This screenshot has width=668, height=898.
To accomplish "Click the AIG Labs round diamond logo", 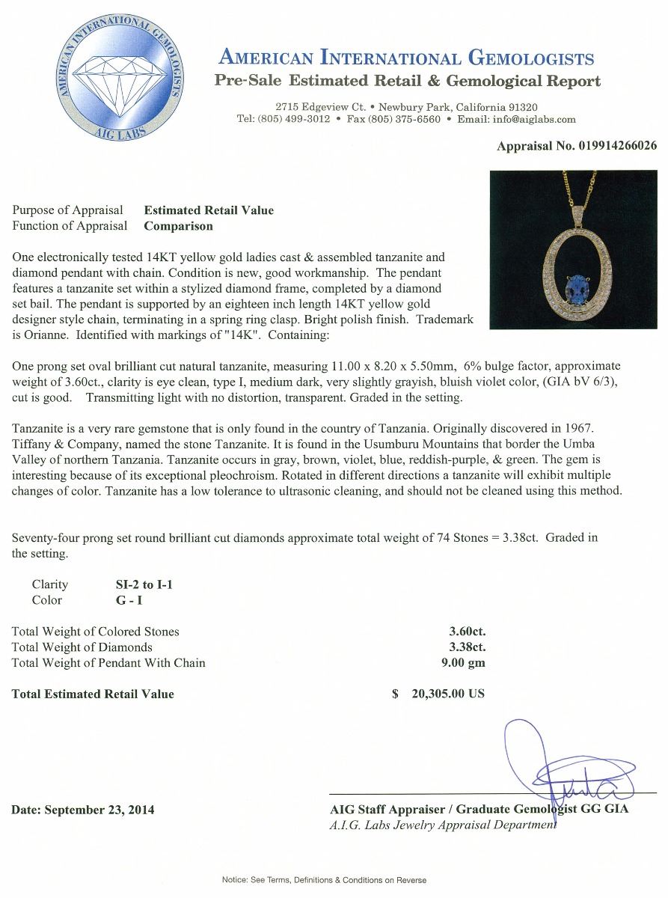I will tap(118, 79).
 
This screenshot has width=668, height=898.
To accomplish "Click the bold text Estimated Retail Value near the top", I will tap(209, 210).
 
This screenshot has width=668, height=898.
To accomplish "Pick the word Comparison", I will tap(178, 226).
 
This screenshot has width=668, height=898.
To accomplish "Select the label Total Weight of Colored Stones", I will tap(96, 632).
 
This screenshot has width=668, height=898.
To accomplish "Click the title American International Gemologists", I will tap(405, 58).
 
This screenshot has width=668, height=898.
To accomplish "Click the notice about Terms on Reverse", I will tap(324, 880).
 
